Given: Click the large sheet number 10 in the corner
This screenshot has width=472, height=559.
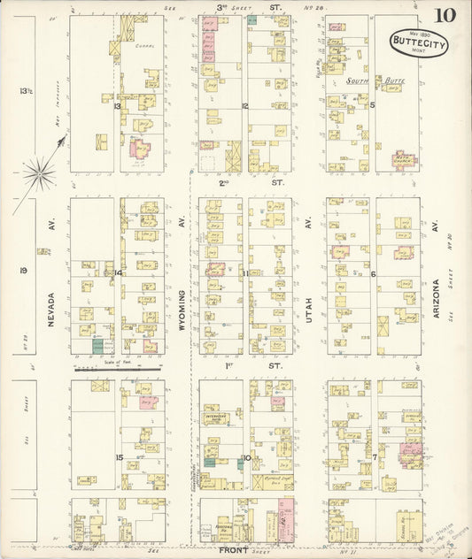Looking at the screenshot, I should [445, 16].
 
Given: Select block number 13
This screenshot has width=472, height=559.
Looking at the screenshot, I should [117, 105].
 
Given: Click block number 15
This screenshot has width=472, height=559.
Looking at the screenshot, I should [118, 456].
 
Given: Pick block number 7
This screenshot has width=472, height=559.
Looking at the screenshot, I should [375, 456].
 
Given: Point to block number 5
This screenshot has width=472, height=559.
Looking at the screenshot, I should [373, 105].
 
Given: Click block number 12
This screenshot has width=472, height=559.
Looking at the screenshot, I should [244, 105].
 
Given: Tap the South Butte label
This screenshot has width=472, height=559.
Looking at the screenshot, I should [370, 81].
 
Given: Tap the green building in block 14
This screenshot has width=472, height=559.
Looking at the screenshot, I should [98, 348].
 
